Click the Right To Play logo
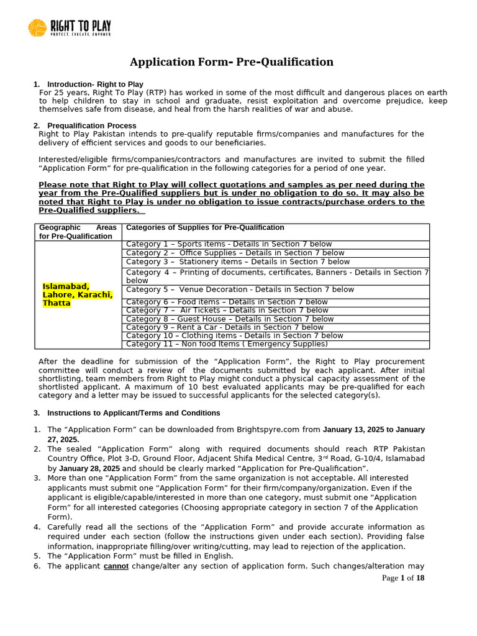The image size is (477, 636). (x=70, y=28)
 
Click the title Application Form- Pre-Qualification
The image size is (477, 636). (x=231, y=62)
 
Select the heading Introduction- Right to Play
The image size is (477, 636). (x=95, y=84)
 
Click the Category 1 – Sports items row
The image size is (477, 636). (x=229, y=244)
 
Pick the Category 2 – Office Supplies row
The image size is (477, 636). (x=235, y=253)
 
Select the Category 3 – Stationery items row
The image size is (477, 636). (x=235, y=261)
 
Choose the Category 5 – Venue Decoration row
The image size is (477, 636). (x=240, y=289)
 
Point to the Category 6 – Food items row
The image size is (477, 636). (x=227, y=302)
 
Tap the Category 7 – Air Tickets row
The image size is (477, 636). (x=227, y=310)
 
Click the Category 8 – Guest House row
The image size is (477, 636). (x=230, y=319)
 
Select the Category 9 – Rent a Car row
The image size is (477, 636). (x=224, y=327)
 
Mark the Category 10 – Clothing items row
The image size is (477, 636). (x=234, y=335)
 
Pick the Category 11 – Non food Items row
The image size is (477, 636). (x=227, y=343)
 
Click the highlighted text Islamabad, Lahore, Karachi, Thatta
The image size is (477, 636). (x=78, y=294)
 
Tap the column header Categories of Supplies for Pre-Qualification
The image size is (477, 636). (x=205, y=227)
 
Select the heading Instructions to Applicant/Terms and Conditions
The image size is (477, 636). (x=134, y=413)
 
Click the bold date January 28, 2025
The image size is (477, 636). (x=89, y=468)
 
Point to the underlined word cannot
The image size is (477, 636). (x=116, y=566)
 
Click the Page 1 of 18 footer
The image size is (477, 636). (x=403, y=578)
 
